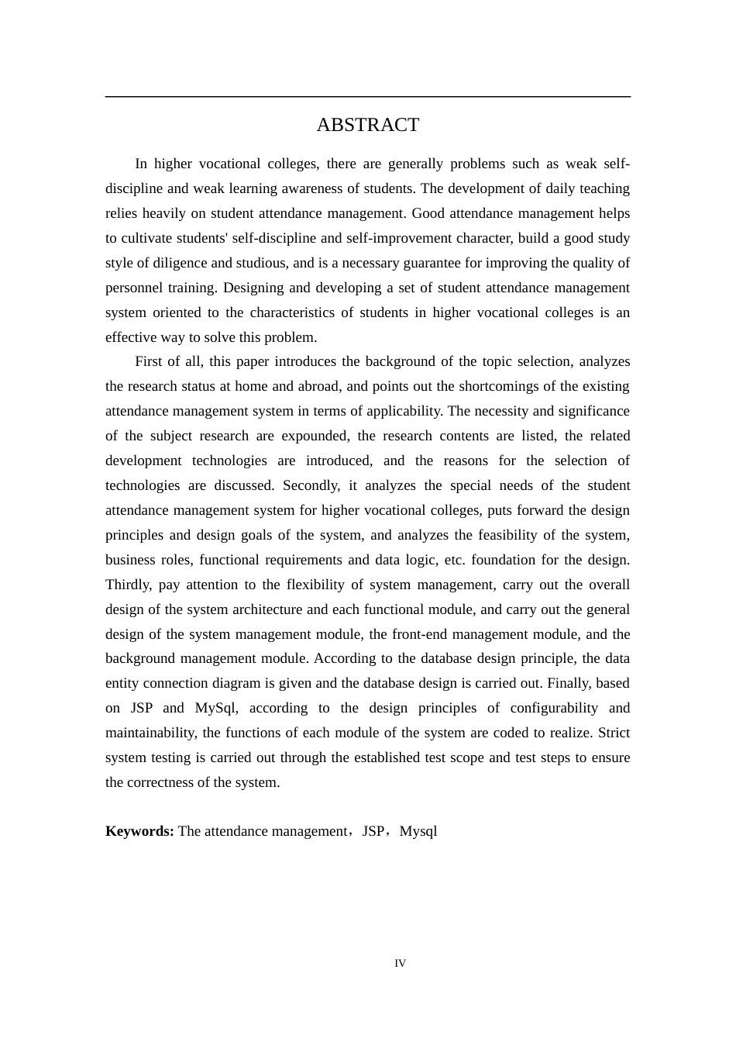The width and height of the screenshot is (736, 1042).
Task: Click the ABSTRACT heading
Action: (x=367, y=125)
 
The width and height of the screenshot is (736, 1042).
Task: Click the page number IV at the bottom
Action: (x=400, y=964)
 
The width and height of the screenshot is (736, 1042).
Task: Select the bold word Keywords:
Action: (x=139, y=831)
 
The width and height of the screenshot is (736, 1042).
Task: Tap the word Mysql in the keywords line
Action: (x=418, y=831)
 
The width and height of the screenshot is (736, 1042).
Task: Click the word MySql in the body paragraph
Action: (x=216, y=708)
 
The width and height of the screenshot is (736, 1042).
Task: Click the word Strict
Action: (x=614, y=733)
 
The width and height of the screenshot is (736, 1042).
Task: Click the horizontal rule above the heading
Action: (x=367, y=97)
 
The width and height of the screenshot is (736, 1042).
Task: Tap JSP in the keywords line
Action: (x=373, y=831)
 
